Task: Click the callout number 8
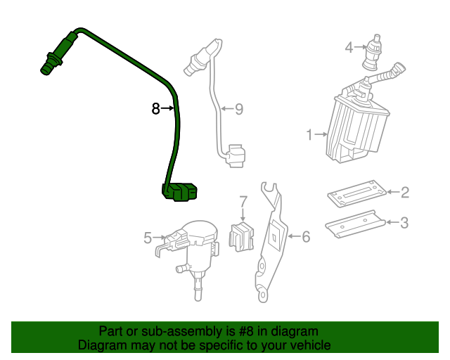pos(155,109)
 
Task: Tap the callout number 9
pos(238,109)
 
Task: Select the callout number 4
pos(349,48)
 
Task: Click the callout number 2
pos(404,191)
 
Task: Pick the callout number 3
pos(404,223)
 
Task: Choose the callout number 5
pos(148,238)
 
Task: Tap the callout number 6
pos(305,237)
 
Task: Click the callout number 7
pos(243,201)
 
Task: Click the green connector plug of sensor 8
pos(180,191)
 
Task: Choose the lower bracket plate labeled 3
pos(356,223)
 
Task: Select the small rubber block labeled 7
pos(243,235)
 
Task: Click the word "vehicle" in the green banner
pos(307,345)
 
